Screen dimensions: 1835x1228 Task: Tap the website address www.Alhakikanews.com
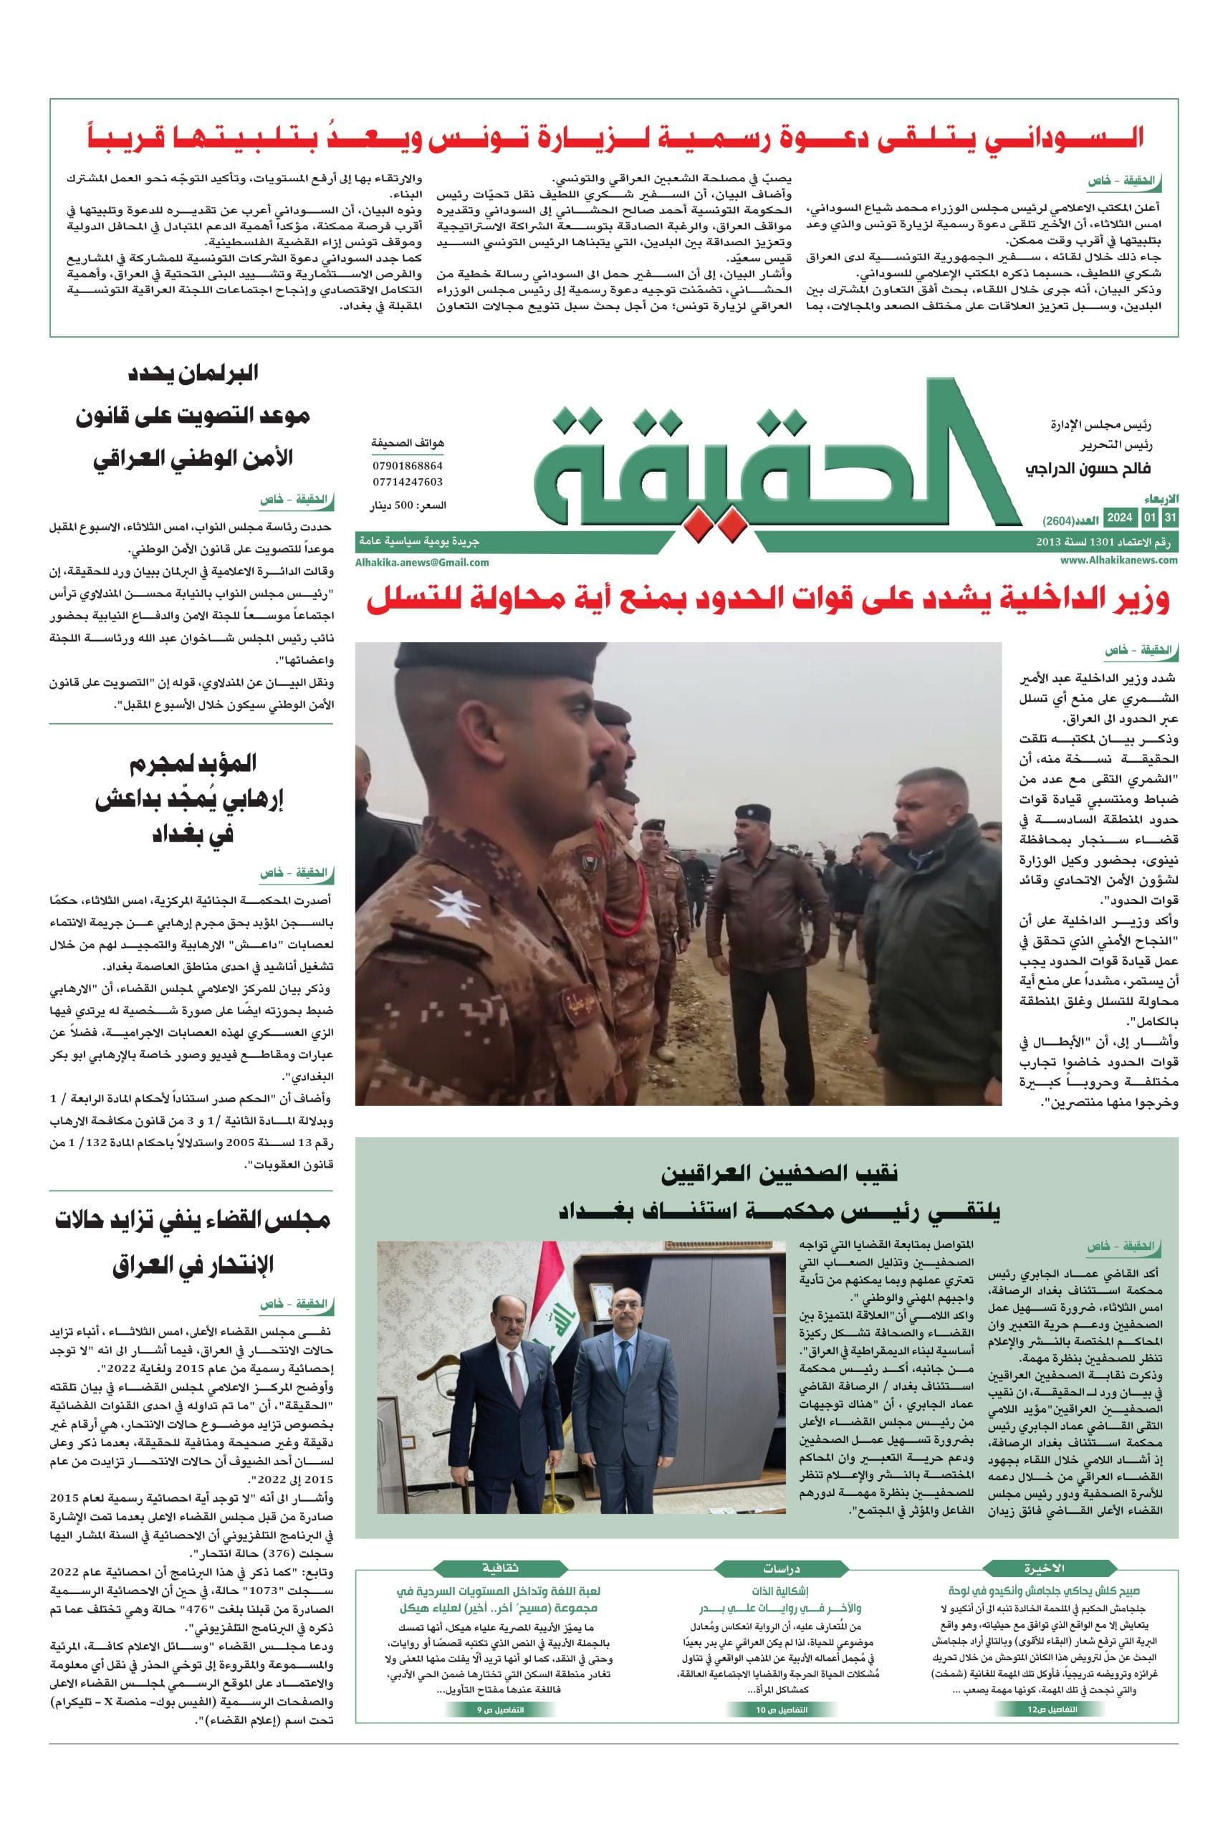[x=1119, y=561]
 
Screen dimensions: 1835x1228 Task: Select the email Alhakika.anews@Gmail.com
[x=422, y=562]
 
